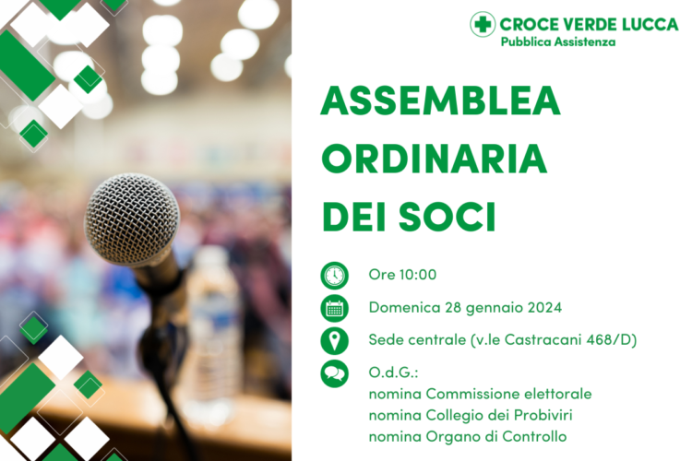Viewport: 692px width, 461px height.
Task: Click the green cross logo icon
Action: tap(483, 24)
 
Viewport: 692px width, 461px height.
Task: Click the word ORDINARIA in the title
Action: tap(434, 159)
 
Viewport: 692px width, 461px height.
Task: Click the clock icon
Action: tap(334, 275)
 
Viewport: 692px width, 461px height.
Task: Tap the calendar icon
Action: tap(334, 308)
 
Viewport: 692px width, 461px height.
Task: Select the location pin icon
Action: tap(334, 340)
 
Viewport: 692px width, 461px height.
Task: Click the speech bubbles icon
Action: tap(334, 373)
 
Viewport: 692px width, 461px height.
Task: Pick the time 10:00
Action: tap(417, 275)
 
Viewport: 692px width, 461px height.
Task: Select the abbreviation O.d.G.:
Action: tap(393, 373)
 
